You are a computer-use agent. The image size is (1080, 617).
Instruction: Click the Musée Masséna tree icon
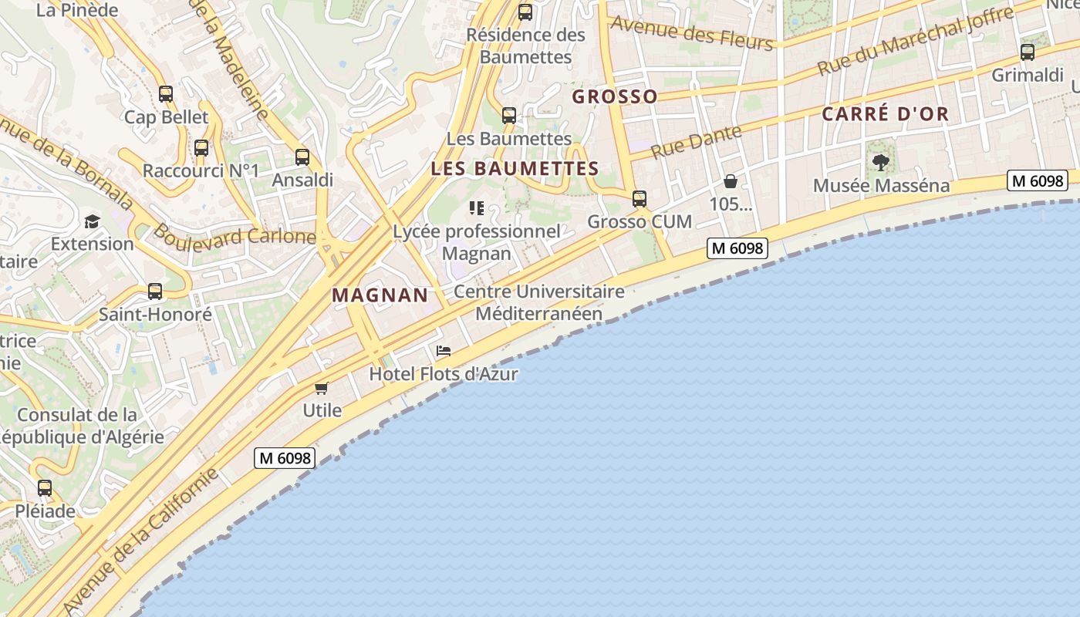880,163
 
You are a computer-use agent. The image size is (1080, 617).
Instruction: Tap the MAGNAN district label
380,295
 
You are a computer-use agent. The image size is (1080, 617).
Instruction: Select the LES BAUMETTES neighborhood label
515,168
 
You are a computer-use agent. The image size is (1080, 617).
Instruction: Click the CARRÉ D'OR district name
885,114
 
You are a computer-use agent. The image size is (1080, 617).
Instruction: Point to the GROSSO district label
615,96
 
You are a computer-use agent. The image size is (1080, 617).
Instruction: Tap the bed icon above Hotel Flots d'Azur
443,351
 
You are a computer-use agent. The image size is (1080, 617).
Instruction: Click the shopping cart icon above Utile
322,388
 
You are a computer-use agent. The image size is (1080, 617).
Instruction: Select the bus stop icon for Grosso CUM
640,199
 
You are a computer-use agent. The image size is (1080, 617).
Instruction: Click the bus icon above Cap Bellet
166,94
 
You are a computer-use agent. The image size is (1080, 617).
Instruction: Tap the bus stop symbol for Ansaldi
302,157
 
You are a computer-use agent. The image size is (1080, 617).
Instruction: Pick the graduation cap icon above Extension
93,221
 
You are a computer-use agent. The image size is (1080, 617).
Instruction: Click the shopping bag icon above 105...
730,182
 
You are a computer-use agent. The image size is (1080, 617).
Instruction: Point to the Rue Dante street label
696,142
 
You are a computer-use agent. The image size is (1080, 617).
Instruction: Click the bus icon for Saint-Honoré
155,292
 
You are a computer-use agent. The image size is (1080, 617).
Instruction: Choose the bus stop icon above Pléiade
45,488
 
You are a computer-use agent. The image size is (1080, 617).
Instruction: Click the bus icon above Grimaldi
1028,52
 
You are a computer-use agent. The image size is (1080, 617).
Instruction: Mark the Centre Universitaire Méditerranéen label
538,302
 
